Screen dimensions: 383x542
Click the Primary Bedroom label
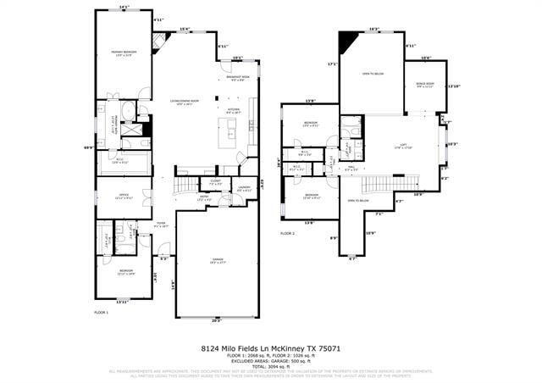(124, 53)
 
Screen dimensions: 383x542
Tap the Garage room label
(217, 260)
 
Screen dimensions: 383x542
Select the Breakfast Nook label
(236, 79)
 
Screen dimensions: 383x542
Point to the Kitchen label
(235, 110)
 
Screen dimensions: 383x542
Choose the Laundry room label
(244, 188)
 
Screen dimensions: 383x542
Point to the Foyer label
(161, 225)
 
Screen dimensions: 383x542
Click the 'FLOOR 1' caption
(102, 313)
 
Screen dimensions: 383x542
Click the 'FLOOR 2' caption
(288, 232)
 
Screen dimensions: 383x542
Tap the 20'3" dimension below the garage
(216, 321)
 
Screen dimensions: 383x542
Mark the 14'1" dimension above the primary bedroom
(124, 8)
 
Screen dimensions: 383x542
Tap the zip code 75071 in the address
(329, 348)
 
